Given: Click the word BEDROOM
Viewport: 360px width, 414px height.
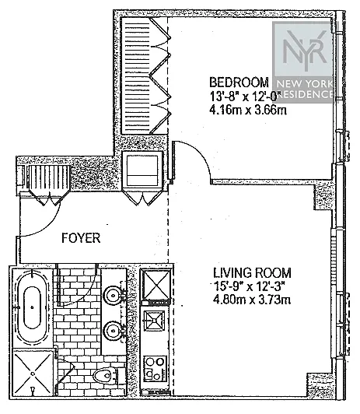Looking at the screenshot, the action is click(x=239, y=82).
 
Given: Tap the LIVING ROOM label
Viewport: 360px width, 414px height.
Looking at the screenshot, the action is click(x=253, y=272).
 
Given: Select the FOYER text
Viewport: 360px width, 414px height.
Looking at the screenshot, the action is click(x=81, y=238).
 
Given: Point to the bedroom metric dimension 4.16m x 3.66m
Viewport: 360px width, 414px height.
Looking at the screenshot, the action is click(x=248, y=110).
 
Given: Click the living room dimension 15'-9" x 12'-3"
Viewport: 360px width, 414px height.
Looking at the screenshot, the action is click(x=250, y=286).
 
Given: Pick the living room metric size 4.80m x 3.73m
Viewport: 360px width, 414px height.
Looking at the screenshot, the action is click(x=252, y=300).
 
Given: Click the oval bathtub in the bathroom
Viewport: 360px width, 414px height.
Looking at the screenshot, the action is click(x=33, y=307).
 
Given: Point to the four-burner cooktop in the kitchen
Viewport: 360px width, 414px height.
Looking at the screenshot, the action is click(x=156, y=369).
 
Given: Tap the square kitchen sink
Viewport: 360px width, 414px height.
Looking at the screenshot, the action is click(x=154, y=320).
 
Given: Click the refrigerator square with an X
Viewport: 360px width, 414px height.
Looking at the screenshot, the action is click(x=156, y=285).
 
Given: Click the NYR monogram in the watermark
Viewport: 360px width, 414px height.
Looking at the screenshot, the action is click(x=305, y=51).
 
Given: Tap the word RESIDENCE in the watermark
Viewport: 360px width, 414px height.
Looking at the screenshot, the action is click(x=306, y=94).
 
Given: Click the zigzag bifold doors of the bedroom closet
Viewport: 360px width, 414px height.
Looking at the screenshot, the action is click(x=160, y=75).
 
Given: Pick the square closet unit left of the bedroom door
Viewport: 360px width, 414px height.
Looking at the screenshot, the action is click(x=142, y=170).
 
